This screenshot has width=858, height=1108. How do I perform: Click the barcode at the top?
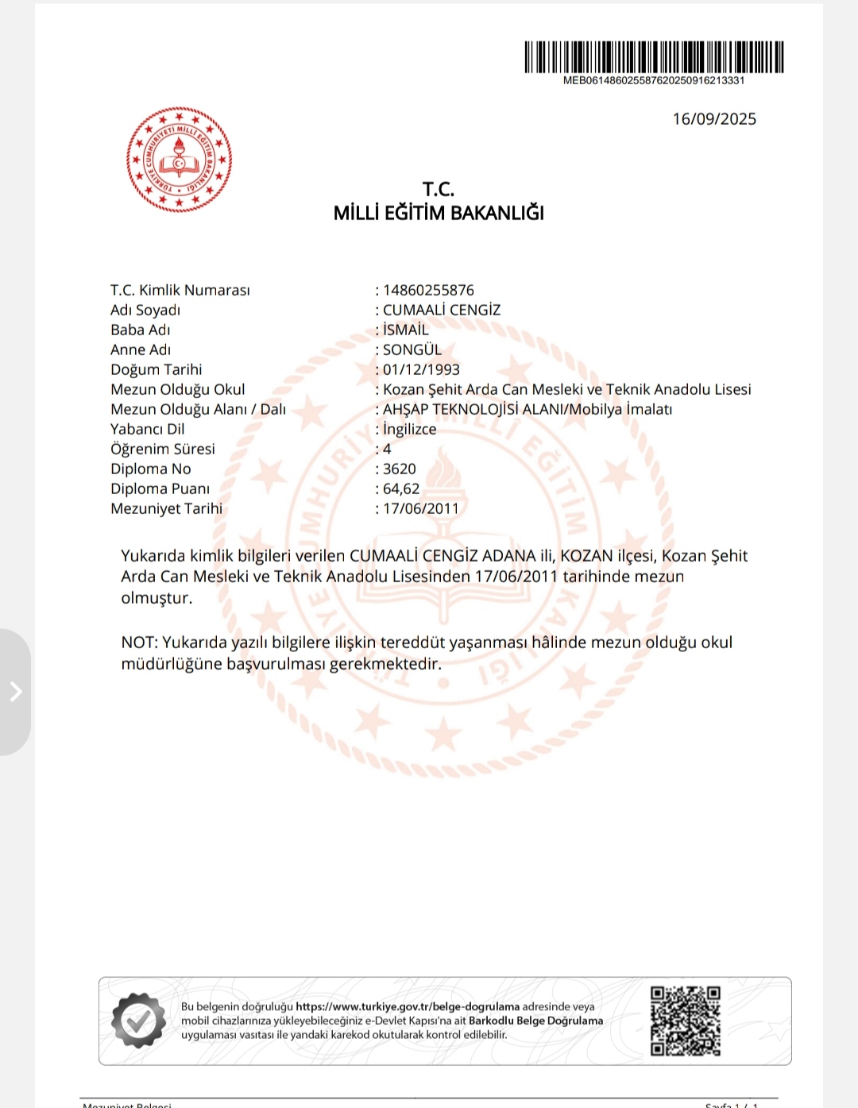click(654, 57)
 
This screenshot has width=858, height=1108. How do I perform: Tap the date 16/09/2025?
click(714, 119)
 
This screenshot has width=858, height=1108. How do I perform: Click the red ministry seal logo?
click(179, 160)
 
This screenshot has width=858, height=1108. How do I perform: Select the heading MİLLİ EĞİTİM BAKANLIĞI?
click(439, 213)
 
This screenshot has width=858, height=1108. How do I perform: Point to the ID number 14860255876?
click(428, 290)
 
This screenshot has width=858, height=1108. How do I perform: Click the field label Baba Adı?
click(141, 330)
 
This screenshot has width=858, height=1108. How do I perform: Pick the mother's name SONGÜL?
click(412, 349)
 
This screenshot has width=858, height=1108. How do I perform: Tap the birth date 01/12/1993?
click(421, 369)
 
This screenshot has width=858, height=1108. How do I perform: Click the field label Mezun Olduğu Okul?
click(178, 389)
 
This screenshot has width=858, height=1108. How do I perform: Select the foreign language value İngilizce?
click(409, 429)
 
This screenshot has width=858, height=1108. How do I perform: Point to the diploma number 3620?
click(399, 469)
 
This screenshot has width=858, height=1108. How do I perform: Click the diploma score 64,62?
click(401, 488)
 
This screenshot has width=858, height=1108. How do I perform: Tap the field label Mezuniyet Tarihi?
click(167, 508)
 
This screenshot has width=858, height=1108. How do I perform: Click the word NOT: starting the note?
click(140, 643)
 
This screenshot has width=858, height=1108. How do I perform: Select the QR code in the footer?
click(685, 1021)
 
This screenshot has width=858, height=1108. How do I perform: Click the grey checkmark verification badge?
click(139, 1021)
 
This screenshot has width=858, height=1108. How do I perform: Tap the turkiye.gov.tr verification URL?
click(408, 1006)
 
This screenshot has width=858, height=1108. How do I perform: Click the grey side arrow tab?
click(15, 692)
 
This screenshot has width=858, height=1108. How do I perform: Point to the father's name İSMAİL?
click(405, 330)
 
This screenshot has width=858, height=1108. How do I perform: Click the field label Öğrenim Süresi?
click(163, 449)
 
